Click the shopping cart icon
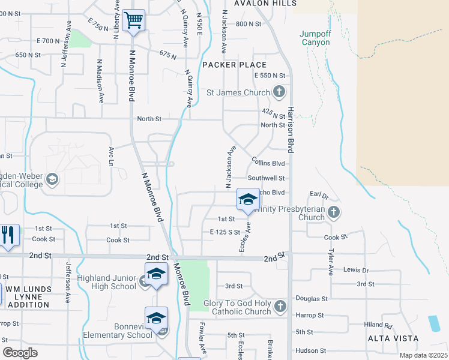tap(133, 20)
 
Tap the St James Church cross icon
tap(279, 92)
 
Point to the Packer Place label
tap(234, 65)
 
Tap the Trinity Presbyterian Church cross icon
tap(334, 212)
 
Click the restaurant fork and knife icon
tap(7, 234)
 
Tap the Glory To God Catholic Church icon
tap(280, 308)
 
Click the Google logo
tap(20, 353)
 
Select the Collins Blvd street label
tap(268, 163)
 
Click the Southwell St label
tap(266, 178)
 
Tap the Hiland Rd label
tap(378, 326)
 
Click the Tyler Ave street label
tap(330, 263)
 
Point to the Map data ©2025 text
tap(423, 355)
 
